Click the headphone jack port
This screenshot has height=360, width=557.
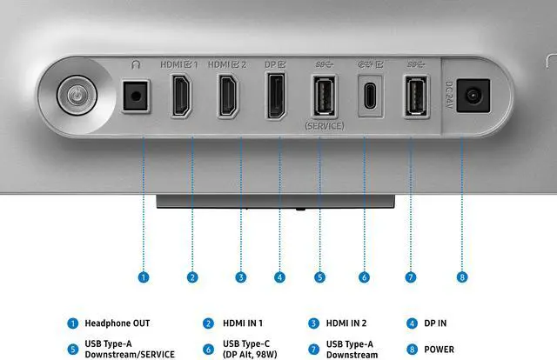point(136,96)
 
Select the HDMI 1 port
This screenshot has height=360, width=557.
point(182,95)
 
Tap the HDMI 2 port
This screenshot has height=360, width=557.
point(228,95)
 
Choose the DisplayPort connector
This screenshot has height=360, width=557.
point(276,95)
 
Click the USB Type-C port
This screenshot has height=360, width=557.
point(370,97)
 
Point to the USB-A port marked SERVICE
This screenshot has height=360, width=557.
point(324,96)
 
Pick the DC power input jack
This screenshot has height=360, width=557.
point(473,96)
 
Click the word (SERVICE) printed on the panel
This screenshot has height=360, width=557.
point(325,126)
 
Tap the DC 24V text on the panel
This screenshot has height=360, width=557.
point(449,95)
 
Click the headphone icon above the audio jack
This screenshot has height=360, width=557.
point(136,64)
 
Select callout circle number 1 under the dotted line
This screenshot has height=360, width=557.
point(144,277)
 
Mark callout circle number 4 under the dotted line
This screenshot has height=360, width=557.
point(280,277)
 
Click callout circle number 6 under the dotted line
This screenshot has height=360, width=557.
point(364,277)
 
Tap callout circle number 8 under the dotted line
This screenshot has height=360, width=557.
point(462,277)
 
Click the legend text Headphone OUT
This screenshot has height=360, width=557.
point(117,323)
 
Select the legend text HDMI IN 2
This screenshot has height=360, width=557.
point(346,323)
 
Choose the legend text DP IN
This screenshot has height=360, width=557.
point(435,323)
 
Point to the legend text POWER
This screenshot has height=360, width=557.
point(439,350)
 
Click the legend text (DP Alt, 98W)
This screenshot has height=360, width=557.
point(250,355)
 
